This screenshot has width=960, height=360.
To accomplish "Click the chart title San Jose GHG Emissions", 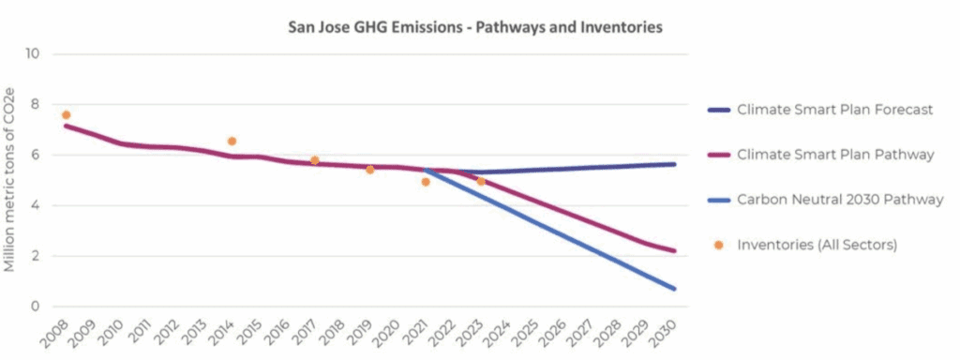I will pyautogui.click(x=474, y=27).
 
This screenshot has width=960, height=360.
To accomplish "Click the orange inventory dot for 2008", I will pyautogui.click(x=66, y=115).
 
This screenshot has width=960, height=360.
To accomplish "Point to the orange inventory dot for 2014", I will pyautogui.click(x=232, y=142).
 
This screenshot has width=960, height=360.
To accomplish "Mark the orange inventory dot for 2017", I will pyautogui.click(x=315, y=160).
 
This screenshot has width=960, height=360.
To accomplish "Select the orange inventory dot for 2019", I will pyautogui.click(x=370, y=170).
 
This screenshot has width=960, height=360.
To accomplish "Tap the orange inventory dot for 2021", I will pyautogui.click(x=426, y=182).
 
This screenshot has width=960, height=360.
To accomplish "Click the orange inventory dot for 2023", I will pyautogui.click(x=481, y=181).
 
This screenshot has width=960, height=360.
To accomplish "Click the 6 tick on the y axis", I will pyautogui.click(x=36, y=155).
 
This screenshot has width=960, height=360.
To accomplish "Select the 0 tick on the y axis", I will pyautogui.click(x=36, y=307).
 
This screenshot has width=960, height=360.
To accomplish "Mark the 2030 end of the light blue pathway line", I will pyautogui.click(x=674, y=288).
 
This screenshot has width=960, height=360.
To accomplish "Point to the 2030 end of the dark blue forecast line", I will pyautogui.click(x=674, y=164).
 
